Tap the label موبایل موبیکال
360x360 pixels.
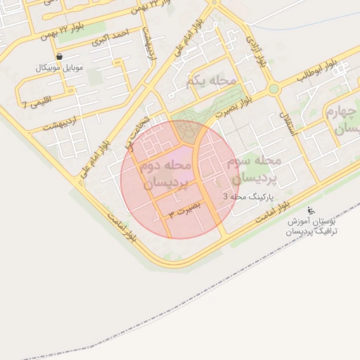58,68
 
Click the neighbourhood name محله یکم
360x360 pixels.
211,81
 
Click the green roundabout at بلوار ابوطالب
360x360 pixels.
273,89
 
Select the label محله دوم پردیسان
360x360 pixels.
166,175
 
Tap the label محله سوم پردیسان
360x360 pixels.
254,169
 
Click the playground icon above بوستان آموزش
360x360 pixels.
311,210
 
